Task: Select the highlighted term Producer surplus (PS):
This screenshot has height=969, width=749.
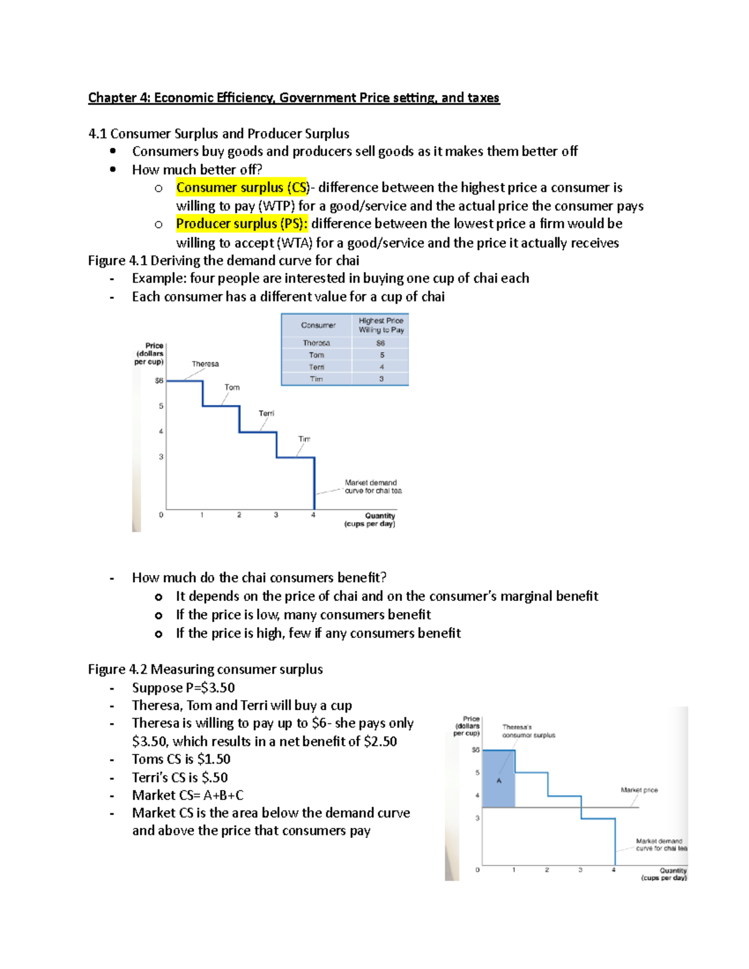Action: pos(242,224)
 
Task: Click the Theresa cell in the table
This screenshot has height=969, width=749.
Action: pos(316,343)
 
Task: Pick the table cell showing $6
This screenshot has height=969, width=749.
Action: pos(381,343)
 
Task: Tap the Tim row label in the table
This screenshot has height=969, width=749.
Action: pos(316,379)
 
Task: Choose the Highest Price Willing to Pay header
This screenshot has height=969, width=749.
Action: pos(381,325)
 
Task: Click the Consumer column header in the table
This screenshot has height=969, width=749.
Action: pos(318,325)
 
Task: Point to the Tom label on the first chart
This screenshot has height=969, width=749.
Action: pos(232,387)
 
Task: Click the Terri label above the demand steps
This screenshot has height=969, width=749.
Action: pos(267,414)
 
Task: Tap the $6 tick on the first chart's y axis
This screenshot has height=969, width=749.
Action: pos(159,381)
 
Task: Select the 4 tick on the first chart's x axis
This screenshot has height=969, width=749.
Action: pos(313,515)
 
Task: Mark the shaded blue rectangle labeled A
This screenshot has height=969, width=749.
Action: pos(499,779)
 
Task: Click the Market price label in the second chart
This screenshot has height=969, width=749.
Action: pos(639,790)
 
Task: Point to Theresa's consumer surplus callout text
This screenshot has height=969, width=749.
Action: pos(528,731)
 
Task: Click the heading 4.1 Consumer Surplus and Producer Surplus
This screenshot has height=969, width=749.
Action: pos(218,134)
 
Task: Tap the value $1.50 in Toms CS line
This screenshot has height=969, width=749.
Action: pos(213,759)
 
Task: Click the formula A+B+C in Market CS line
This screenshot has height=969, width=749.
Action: pos(223,796)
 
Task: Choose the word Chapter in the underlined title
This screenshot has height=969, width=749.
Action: pos(112,98)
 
